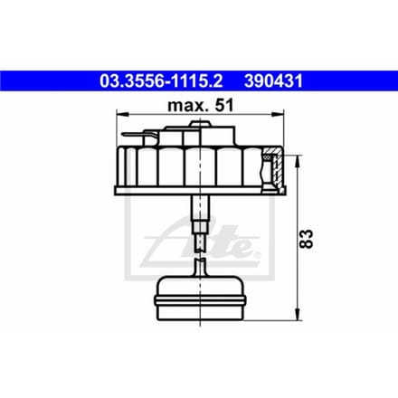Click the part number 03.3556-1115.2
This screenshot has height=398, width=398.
(161, 81)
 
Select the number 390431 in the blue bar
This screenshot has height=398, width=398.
(273, 81)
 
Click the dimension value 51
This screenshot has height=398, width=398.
(223, 106)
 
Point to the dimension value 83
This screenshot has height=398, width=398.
(307, 239)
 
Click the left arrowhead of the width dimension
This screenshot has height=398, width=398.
(123, 114)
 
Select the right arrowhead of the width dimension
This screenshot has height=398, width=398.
(278, 114)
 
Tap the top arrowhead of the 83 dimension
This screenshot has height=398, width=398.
(298, 162)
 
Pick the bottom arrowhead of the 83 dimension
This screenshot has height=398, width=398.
(298, 314)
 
